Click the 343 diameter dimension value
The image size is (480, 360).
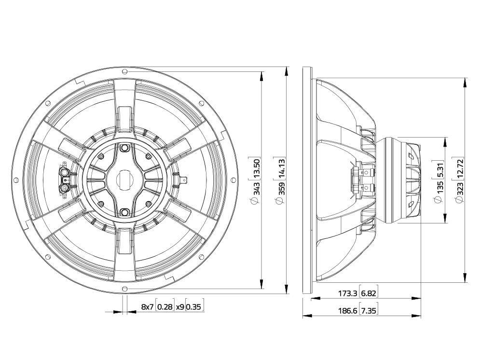tap(256, 188)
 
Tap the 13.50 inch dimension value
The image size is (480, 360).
tap(256, 169)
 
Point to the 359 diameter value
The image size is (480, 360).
tap(281, 188)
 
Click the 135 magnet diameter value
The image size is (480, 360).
tap(440, 187)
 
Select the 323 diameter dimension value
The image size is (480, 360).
tap(460, 188)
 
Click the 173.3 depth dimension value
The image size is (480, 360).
tap(347, 293)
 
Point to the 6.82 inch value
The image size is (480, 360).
tap(368, 293)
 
